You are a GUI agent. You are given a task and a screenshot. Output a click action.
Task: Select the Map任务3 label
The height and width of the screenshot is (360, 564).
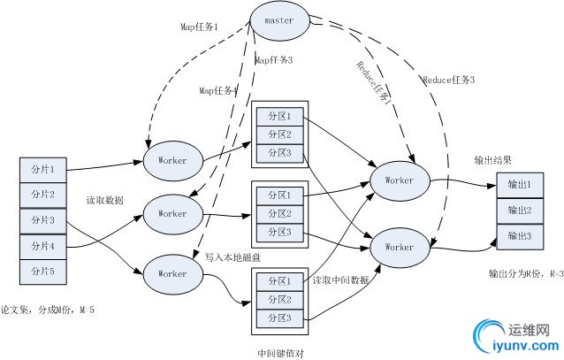[273, 60]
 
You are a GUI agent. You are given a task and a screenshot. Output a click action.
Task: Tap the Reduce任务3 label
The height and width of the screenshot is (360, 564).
[449, 80]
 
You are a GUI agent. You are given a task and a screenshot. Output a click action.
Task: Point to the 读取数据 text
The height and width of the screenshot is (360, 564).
[104, 201]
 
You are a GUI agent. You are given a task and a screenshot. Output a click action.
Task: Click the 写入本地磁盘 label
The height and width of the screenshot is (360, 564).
[232, 257]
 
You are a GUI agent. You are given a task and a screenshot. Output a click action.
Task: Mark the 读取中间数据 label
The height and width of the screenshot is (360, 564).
[340, 280]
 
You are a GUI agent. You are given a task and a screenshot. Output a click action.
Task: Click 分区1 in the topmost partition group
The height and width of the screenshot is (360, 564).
[278, 116]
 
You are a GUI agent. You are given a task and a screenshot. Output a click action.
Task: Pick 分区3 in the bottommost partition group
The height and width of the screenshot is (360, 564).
[278, 318]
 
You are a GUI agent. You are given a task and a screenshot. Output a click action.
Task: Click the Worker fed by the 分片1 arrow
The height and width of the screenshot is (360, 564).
[172, 160]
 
